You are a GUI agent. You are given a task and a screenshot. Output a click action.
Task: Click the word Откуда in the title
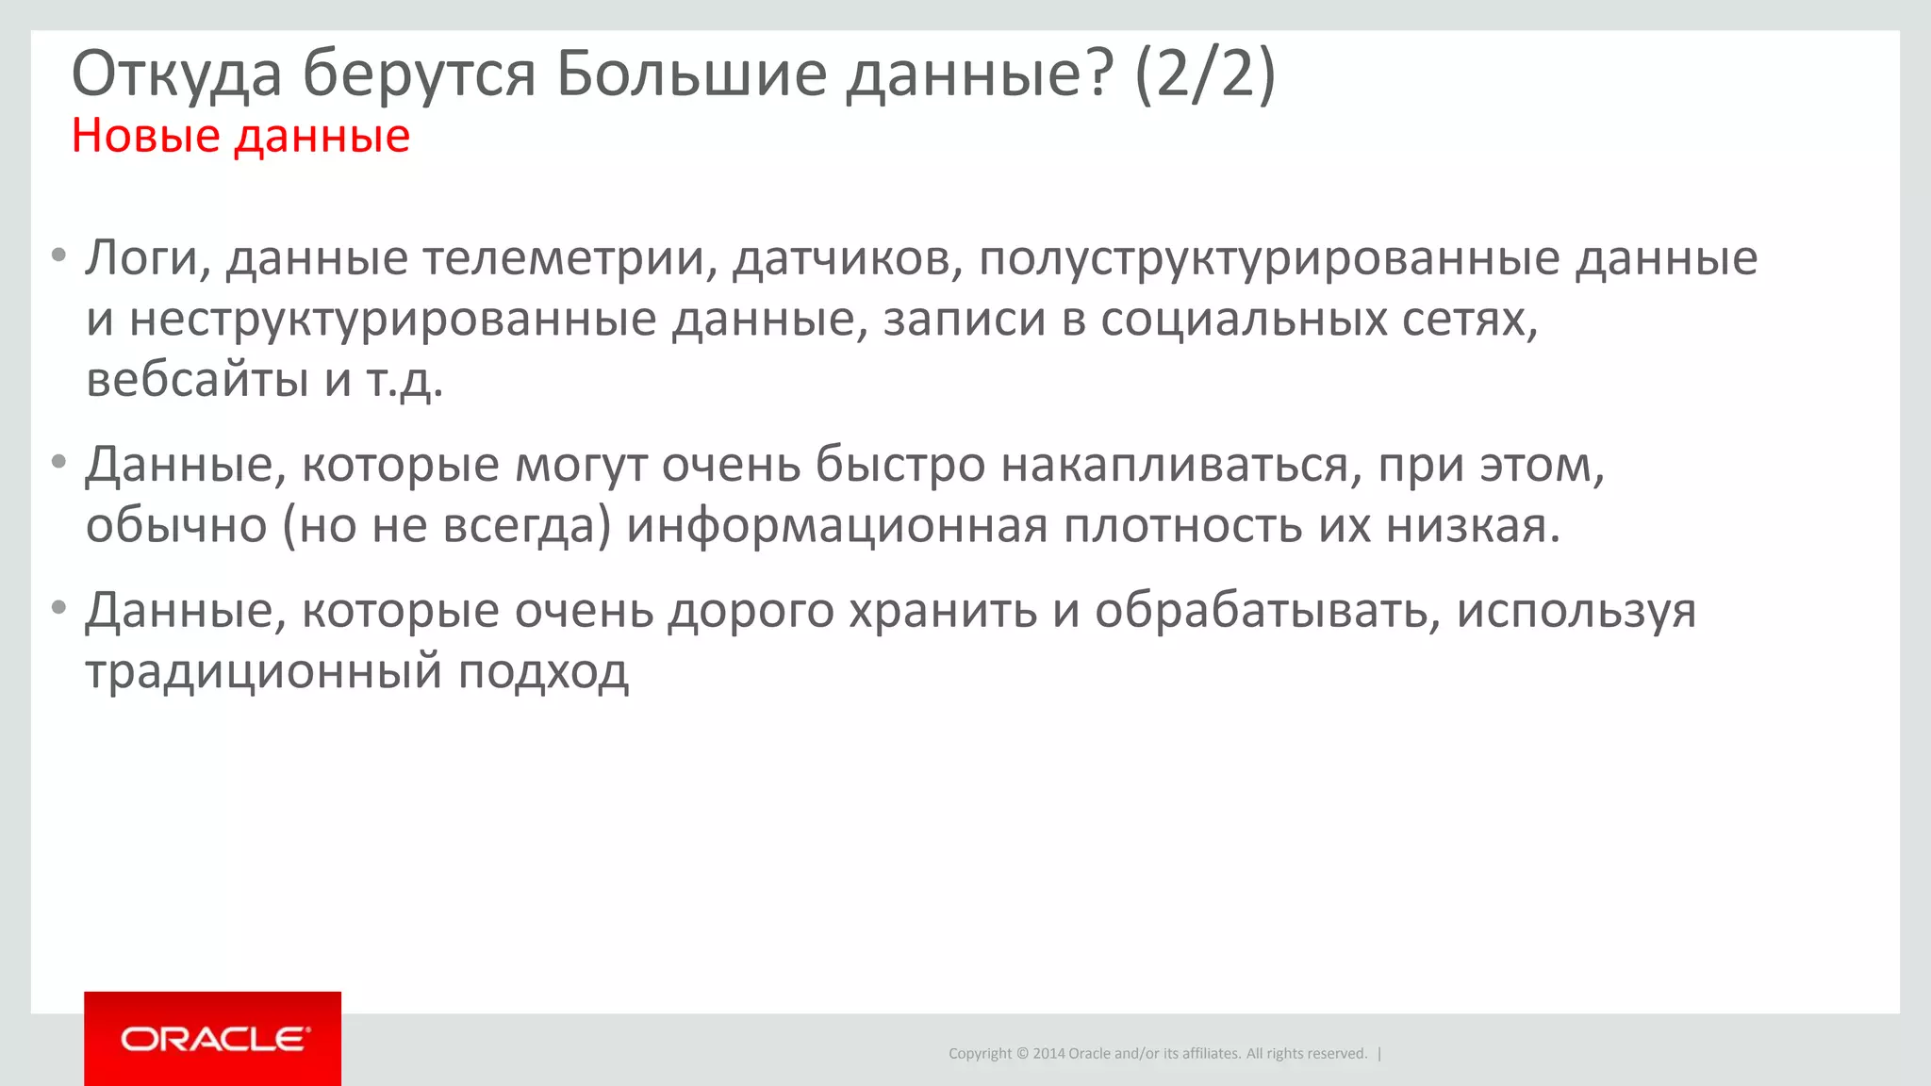tap(176, 74)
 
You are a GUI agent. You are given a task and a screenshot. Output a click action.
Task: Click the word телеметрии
tap(563, 258)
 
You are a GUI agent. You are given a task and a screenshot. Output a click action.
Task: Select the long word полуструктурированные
tap(1268, 258)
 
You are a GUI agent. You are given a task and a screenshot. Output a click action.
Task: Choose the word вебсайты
tap(197, 380)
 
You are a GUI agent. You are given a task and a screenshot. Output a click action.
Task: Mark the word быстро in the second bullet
tap(899, 465)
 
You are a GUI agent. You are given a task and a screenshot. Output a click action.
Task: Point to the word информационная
tap(836, 526)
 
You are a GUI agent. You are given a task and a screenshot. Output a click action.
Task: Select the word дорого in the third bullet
tap(751, 611)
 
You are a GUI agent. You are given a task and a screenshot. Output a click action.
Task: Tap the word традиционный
tap(264, 672)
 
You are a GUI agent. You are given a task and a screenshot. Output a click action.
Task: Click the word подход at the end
tap(543, 672)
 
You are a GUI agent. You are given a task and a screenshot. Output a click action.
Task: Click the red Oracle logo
tap(212, 1039)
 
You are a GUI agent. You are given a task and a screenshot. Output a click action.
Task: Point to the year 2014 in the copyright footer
tap(1048, 1054)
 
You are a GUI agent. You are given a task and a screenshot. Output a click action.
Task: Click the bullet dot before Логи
tap(58, 255)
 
